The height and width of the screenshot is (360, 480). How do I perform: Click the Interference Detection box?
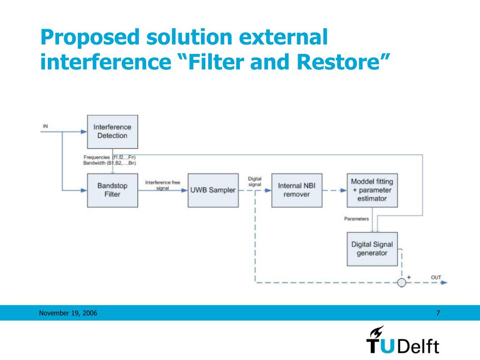pyautogui.click(x=112, y=131)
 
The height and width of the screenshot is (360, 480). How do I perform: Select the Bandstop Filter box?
pyautogui.click(x=112, y=190)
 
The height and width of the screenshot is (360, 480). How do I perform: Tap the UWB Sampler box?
pyautogui.click(x=212, y=190)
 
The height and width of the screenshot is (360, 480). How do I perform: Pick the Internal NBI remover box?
pyautogui.click(x=297, y=190)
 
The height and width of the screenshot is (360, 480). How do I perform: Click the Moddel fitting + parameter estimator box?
pyautogui.click(x=372, y=190)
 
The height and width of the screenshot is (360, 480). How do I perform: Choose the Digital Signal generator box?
pyautogui.click(x=372, y=249)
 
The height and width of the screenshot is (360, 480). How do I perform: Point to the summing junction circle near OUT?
pyautogui.click(x=401, y=283)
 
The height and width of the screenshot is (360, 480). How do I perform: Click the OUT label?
pyautogui.click(x=436, y=277)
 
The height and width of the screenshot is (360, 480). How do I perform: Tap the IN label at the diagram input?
pyautogui.click(x=45, y=126)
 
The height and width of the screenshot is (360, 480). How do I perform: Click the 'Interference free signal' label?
pyautogui.click(x=163, y=185)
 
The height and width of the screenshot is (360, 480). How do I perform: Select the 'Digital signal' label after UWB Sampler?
pyautogui.click(x=255, y=182)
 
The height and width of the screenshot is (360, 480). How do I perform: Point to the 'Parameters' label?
pyautogui.click(x=357, y=219)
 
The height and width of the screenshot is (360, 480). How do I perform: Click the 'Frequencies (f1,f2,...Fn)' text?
pyautogui.click(x=110, y=157)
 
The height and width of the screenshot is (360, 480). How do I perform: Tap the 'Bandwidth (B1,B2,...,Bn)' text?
pyautogui.click(x=110, y=163)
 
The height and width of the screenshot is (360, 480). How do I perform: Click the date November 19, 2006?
pyautogui.click(x=68, y=313)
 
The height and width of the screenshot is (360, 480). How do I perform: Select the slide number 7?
pyautogui.click(x=438, y=313)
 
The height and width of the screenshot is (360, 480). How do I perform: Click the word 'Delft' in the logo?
pyautogui.click(x=419, y=347)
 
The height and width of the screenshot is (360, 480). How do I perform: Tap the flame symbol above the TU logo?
pyautogui.click(x=376, y=331)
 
